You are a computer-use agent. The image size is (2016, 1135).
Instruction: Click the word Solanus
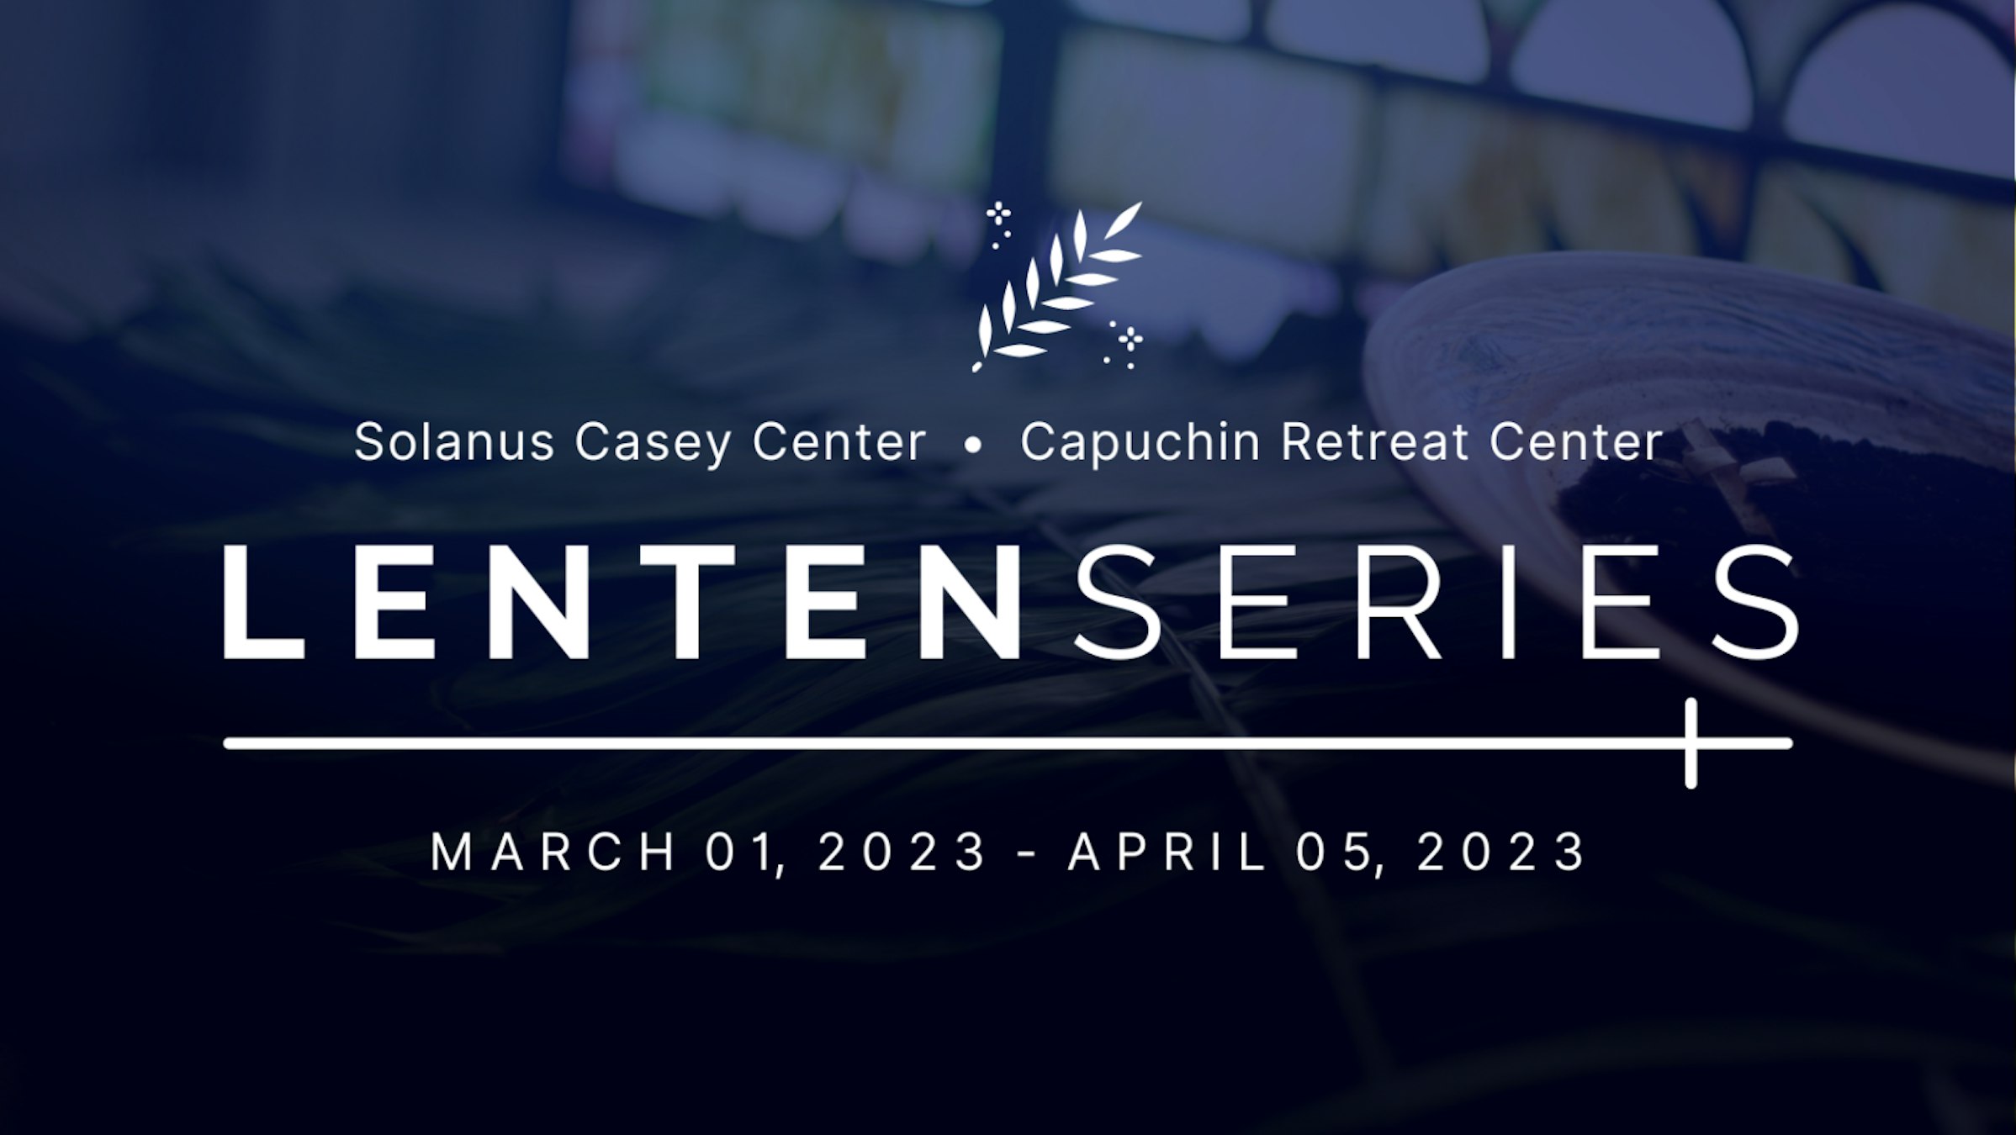click(x=454, y=441)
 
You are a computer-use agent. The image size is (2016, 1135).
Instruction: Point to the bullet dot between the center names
click(x=973, y=446)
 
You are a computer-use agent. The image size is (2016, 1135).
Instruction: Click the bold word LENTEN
click(x=624, y=602)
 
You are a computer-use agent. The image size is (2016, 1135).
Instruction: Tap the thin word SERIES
click(x=1437, y=602)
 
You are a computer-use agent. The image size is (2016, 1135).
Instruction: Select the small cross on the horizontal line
click(x=1691, y=743)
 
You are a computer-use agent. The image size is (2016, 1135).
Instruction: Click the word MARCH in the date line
click(x=553, y=852)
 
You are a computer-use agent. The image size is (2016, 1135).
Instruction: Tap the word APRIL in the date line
click(x=1167, y=852)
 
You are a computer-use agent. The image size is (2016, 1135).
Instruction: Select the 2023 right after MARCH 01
click(x=902, y=852)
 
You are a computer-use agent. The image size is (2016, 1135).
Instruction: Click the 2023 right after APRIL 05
click(x=1501, y=852)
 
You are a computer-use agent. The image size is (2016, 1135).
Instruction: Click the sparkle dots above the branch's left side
click(x=998, y=224)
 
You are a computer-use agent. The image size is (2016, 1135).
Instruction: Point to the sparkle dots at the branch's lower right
click(x=1124, y=344)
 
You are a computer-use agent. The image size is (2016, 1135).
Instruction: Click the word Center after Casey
click(x=839, y=441)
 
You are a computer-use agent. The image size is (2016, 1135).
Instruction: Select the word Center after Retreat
click(x=1576, y=441)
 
